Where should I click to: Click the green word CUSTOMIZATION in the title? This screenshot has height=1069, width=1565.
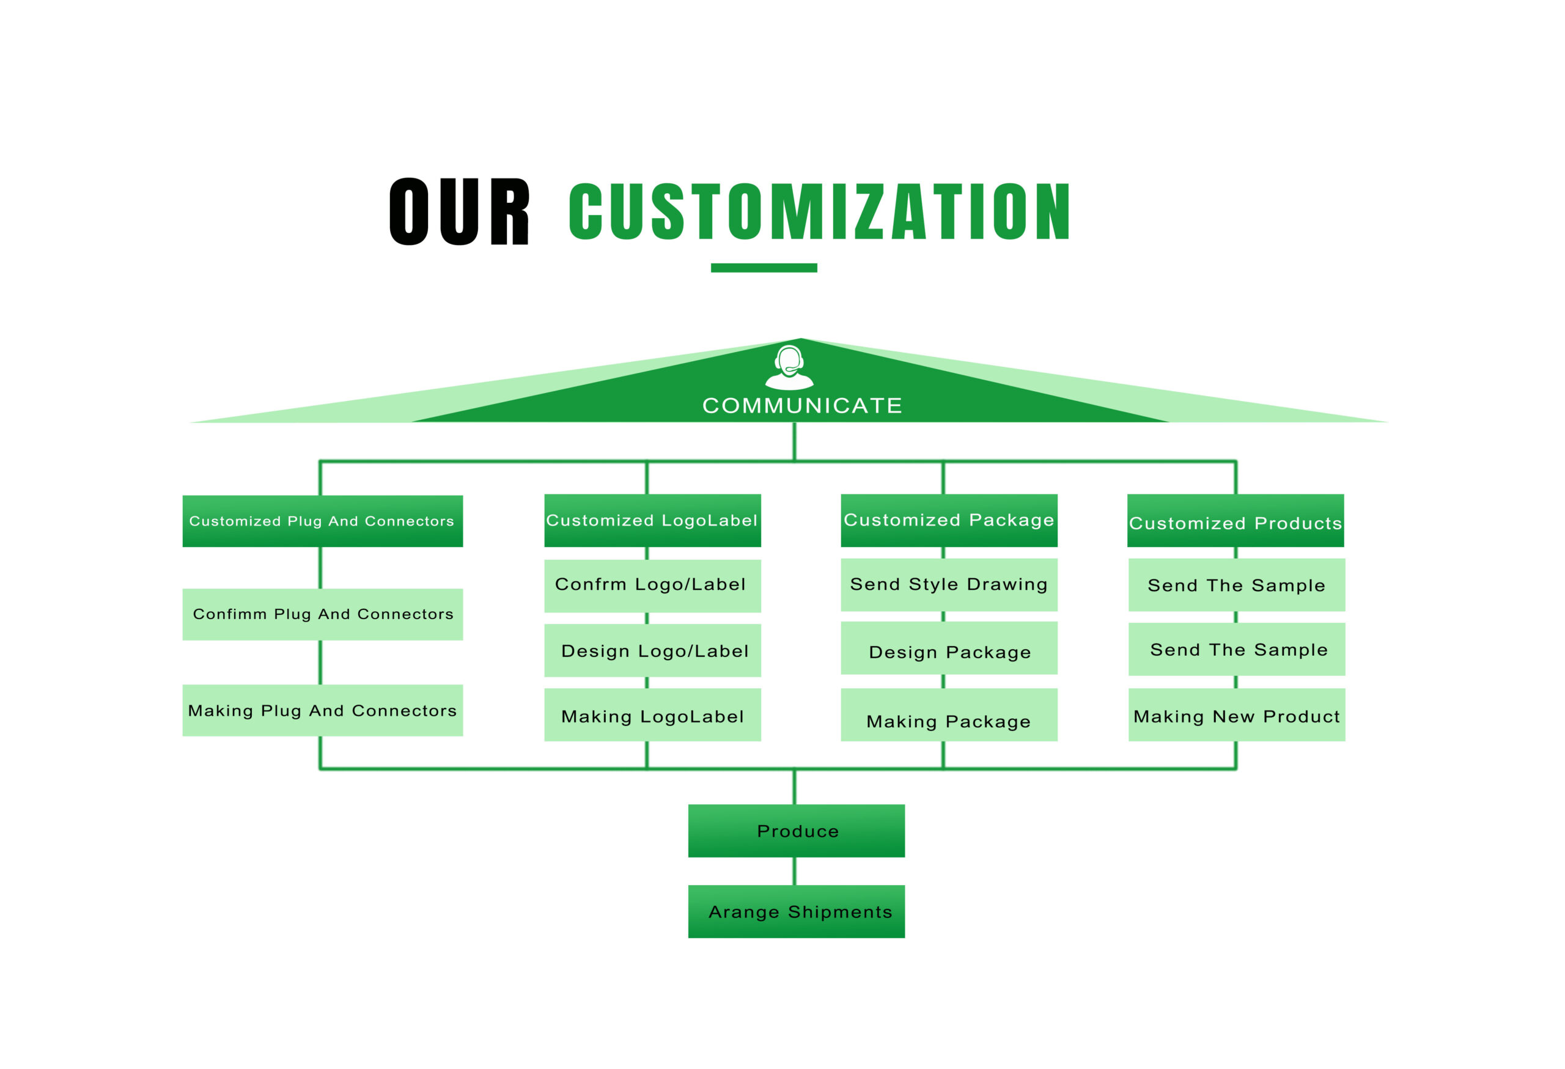click(x=820, y=211)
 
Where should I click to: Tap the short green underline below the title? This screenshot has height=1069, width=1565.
click(x=764, y=268)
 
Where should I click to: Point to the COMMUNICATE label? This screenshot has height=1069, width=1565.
click(x=802, y=405)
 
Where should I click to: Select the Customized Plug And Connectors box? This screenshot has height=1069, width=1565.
click(x=323, y=521)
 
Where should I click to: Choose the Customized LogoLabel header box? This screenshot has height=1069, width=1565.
click(x=652, y=520)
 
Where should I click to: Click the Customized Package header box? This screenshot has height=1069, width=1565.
click(x=949, y=520)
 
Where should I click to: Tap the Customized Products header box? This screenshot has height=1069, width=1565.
click(x=1235, y=520)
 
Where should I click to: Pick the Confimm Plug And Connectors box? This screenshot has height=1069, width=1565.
click(x=323, y=614)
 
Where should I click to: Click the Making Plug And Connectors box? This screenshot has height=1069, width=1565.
click(x=323, y=710)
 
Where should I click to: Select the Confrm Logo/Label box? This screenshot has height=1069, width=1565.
click(x=652, y=586)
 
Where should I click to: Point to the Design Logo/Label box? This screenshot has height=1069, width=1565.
click(x=652, y=650)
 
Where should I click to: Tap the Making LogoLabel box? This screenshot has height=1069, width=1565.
click(x=652, y=715)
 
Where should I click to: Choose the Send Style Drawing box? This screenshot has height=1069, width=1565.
click(x=949, y=584)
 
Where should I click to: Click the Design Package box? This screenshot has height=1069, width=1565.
click(x=949, y=648)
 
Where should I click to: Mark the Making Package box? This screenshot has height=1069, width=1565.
click(x=949, y=715)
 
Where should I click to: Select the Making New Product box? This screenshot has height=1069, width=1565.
click(x=1237, y=715)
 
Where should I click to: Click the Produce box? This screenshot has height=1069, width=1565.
click(x=797, y=831)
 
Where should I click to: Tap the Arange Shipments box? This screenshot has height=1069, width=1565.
click(x=797, y=911)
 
